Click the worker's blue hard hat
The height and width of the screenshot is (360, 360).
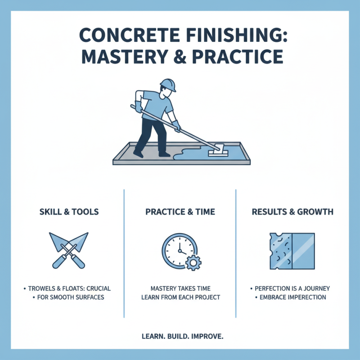pos(168,85)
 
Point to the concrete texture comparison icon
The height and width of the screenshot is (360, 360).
pos(292,251)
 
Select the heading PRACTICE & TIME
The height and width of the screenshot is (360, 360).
pos(180,212)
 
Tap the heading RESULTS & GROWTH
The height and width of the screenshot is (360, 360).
pos(292,212)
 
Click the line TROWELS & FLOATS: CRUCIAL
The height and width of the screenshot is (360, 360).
pos(70,288)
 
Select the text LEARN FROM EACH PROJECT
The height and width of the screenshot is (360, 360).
pos(180,297)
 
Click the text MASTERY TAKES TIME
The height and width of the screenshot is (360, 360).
pos(180,288)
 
